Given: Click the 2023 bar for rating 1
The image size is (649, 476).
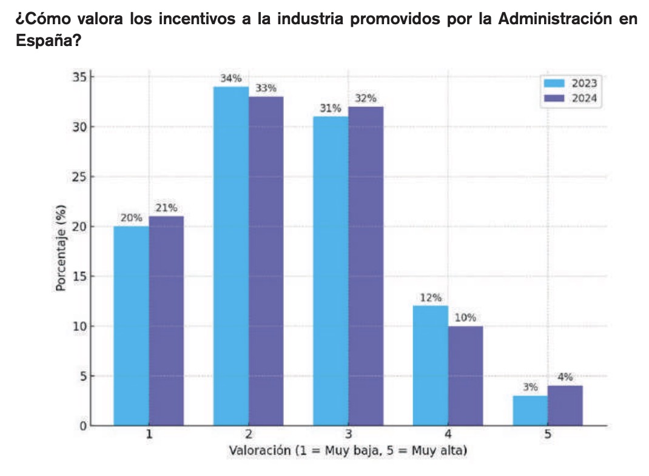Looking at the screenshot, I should pyautogui.click(x=131, y=326).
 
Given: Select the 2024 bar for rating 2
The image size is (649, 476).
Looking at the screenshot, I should pyautogui.click(x=266, y=260).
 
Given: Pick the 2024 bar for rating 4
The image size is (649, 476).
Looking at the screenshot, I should pyautogui.click(x=465, y=375).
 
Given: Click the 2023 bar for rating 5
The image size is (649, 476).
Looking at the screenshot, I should pyautogui.click(x=530, y=410).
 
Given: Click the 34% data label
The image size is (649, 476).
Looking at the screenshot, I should pyautogui.click(x=231, y=78).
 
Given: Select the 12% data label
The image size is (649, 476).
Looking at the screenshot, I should pyautogui.click(x=431, y=297).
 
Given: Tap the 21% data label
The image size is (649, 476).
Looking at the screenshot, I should pyautogui.click(x=166, y=208).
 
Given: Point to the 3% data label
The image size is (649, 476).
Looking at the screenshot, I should pyautogui.click(x=530, y=387).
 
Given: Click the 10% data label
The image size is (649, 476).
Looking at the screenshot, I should pyautogui.click(x=465, y=317).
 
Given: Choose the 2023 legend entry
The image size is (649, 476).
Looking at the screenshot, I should pyautogui.click(x=573, y=84).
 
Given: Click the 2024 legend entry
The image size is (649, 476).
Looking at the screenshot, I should pyautogui.click(x=573, y=99).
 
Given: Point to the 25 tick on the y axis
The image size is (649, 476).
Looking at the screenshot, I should pyautogui.click(x=77, y=177).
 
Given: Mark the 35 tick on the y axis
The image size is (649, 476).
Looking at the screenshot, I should pyautogui.click(x=77, y=78).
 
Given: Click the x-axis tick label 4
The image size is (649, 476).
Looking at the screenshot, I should pyautogui.click(x=448, y=434).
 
